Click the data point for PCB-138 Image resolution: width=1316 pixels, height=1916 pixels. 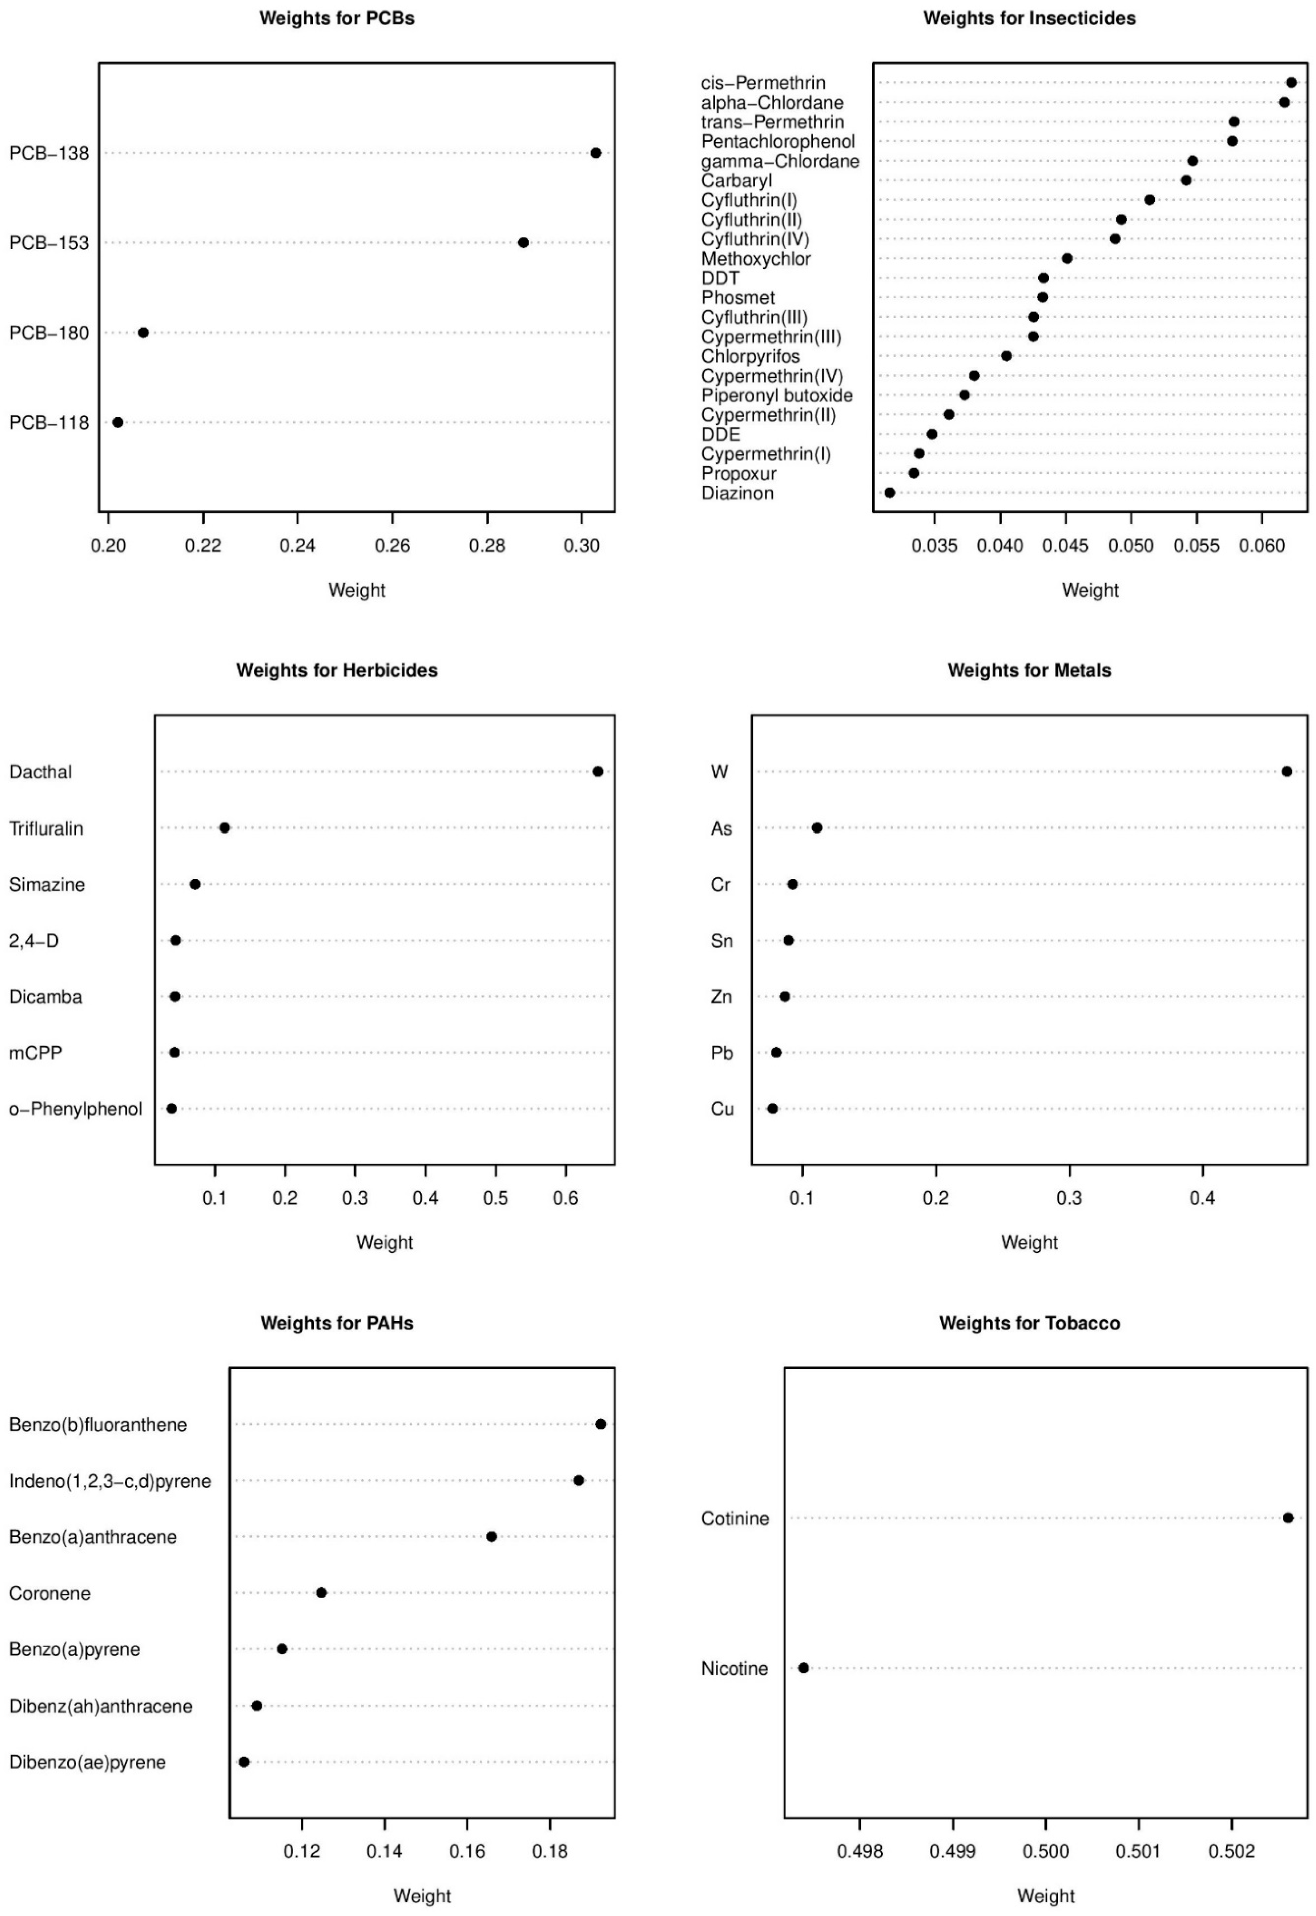tap(595, 152)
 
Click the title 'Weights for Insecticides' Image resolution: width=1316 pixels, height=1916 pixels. tap(1029, 18)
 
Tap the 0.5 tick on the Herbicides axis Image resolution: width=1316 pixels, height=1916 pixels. tap(495, 1197)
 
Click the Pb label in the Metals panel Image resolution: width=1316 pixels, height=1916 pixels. tap(722, 1053)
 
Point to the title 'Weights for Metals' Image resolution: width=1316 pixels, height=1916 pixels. tap(1029, 670)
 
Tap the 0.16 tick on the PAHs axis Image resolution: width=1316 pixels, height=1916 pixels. tap(468, 1851)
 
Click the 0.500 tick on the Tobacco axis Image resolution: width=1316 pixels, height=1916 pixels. tap(1046, 1851)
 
